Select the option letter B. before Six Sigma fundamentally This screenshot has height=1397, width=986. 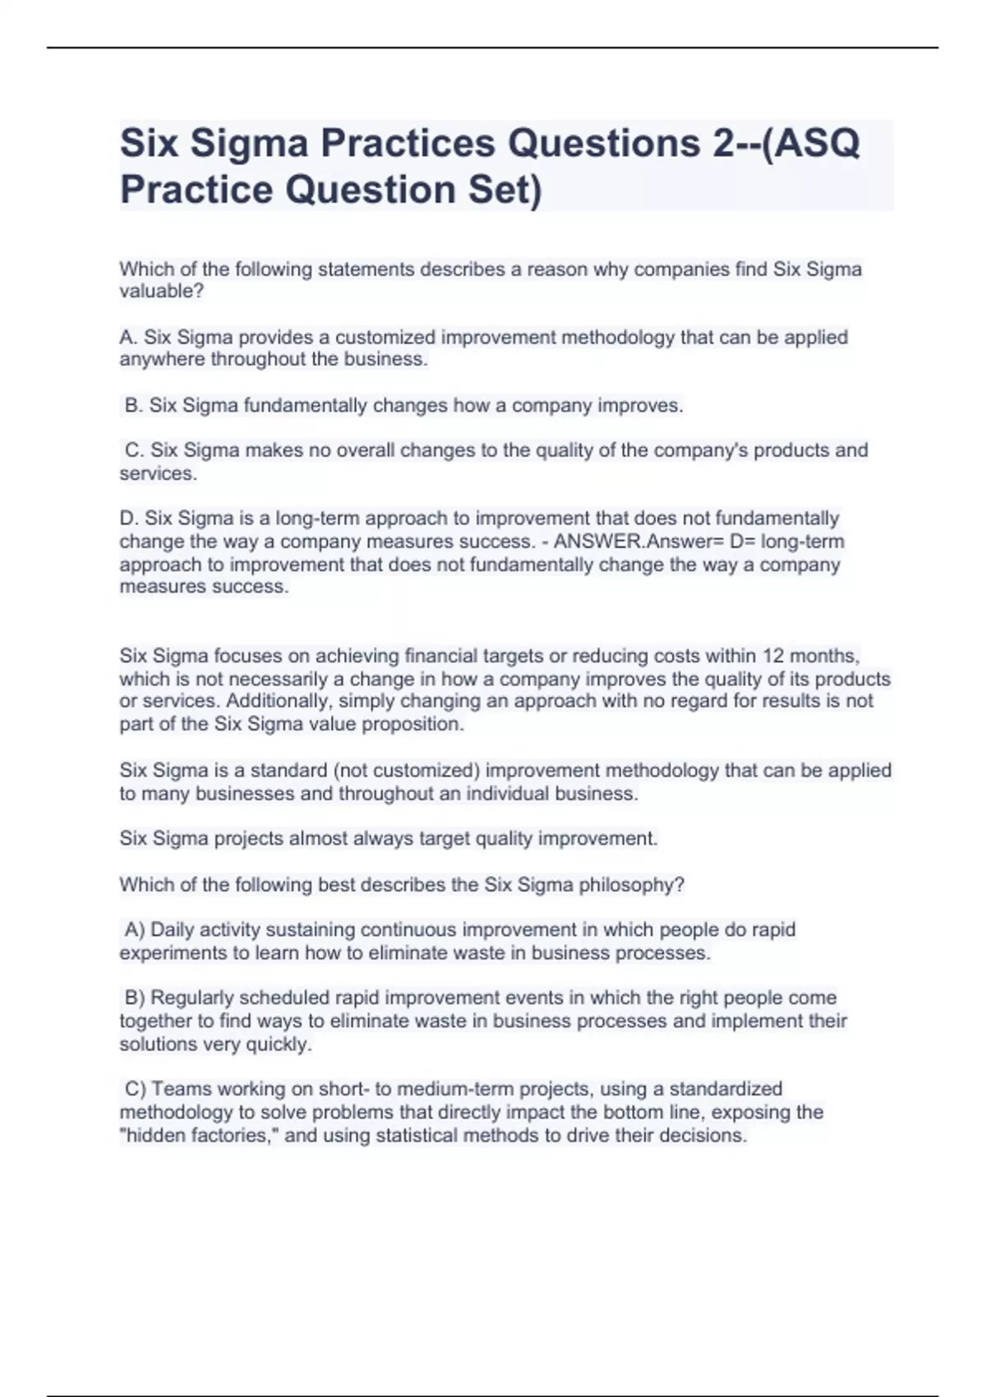134,405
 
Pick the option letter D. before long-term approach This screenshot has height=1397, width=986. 130,519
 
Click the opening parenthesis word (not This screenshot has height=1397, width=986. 351,771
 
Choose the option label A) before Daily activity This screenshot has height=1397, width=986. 135,929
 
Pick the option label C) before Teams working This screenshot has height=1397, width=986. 136,1089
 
